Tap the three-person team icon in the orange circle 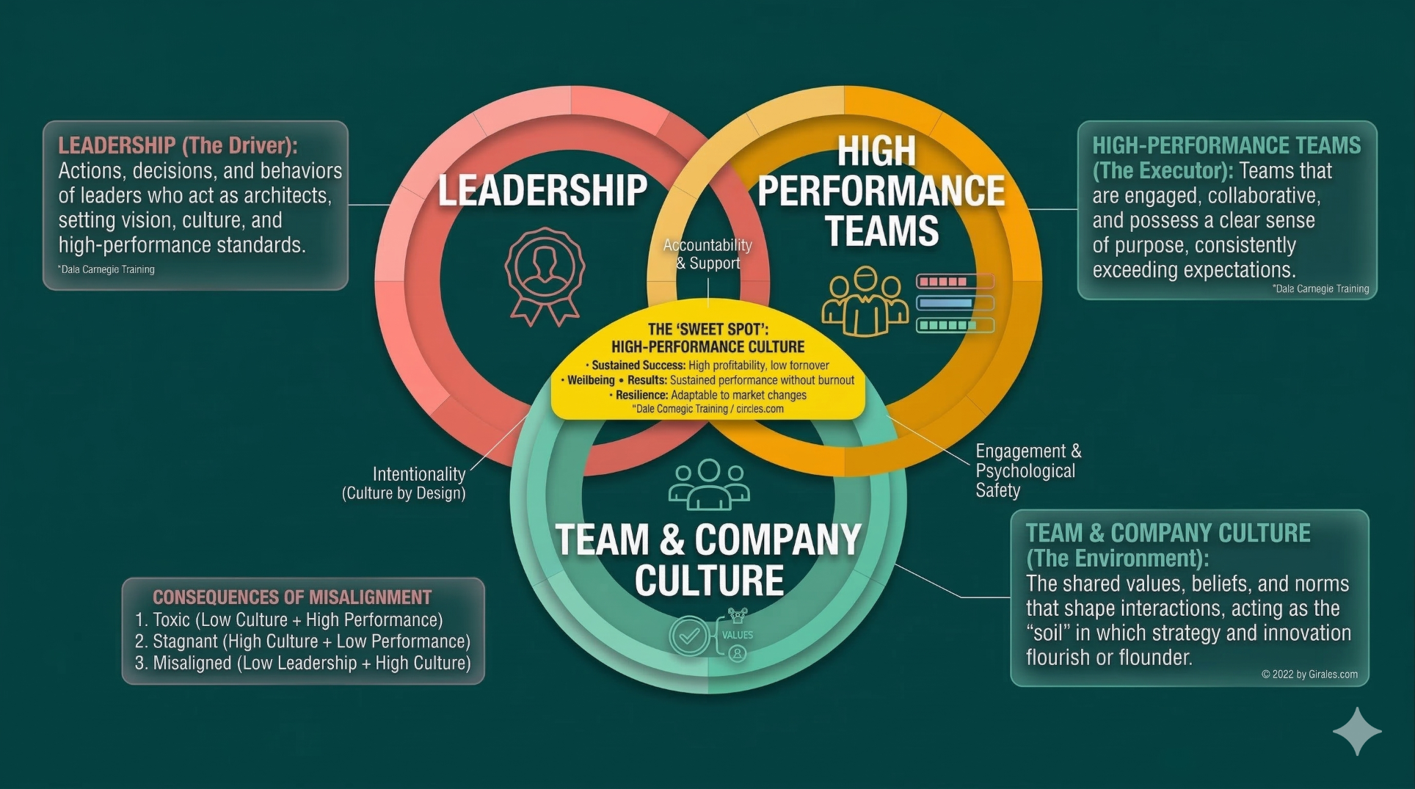point(865,301)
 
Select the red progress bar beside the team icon point(955,281)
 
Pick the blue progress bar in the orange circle point(955,302)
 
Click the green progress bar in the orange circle point(955,324)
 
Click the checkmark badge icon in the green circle point(688,636)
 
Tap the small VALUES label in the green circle point(738,635)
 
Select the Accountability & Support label point(707,254)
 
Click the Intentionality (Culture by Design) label point(405,483)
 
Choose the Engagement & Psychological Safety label point(1027,470)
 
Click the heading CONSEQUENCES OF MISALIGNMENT point(292,597)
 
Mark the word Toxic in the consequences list point(171,619)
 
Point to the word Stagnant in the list point(186,641)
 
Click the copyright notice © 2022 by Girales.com point(1309,674)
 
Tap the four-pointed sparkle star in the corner point(1357,731)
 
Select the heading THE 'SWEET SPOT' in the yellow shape point(708,330)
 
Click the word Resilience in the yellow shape point(641,395)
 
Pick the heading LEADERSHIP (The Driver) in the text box point(178,145)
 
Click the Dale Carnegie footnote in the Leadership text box point(106,269)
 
